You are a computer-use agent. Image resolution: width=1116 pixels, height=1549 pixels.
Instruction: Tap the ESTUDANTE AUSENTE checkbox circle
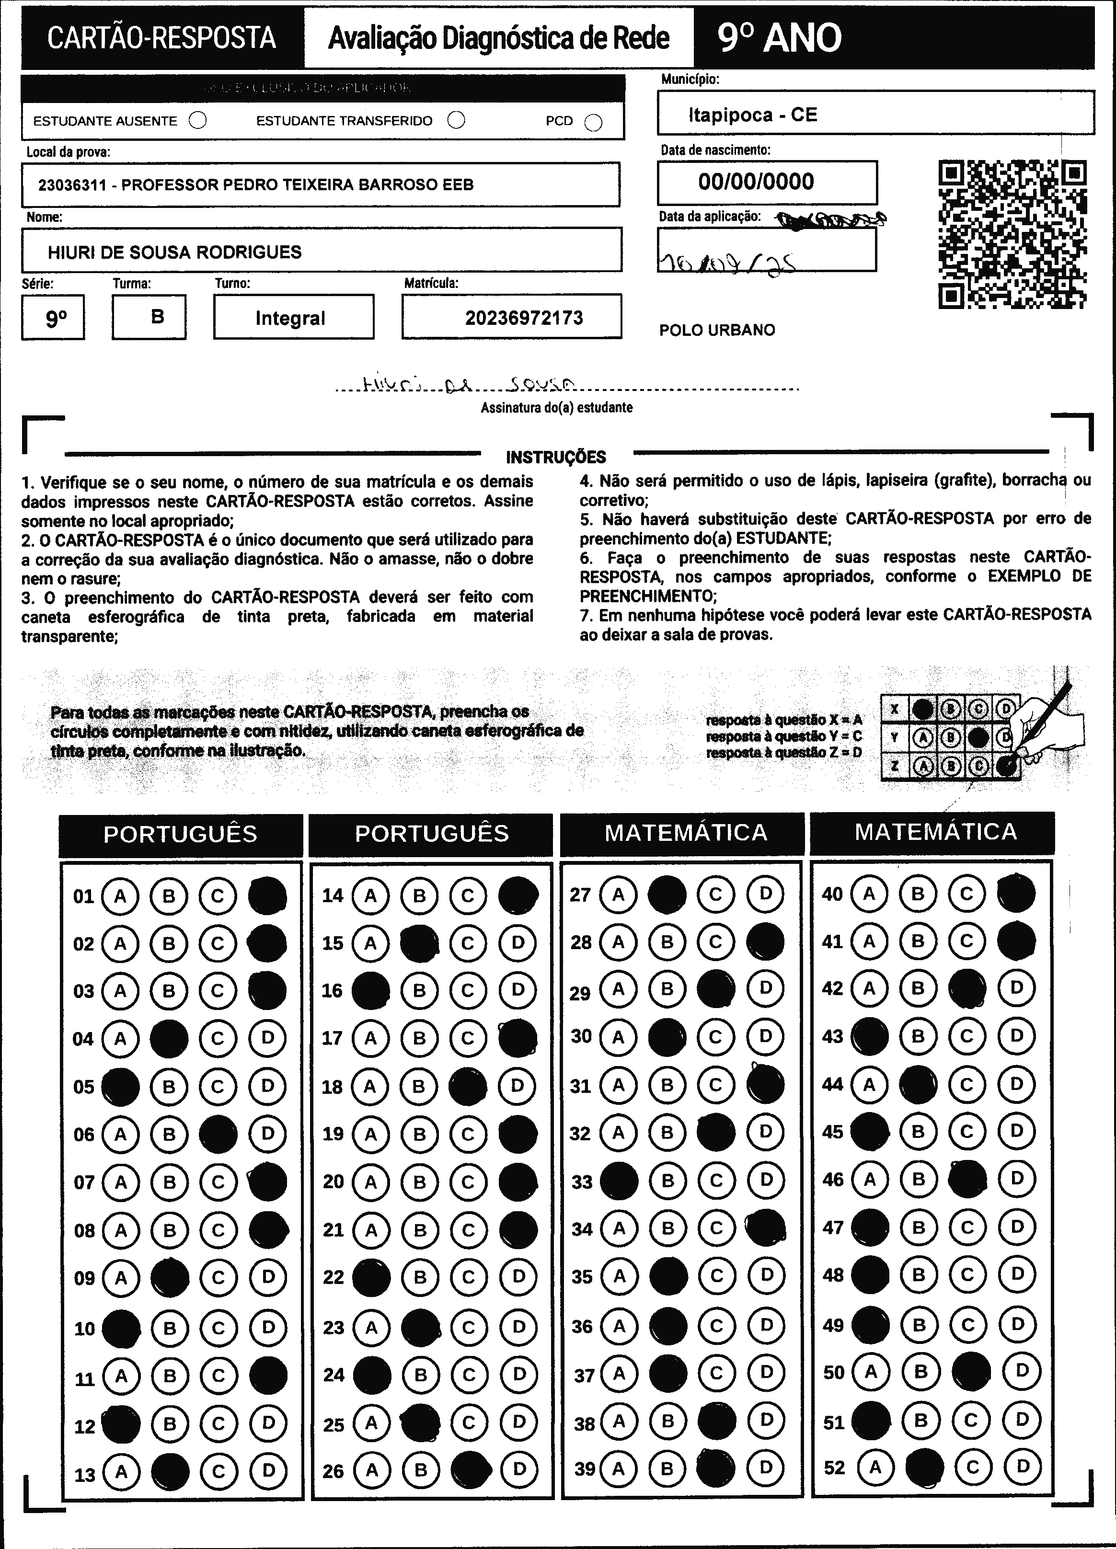point(197,121)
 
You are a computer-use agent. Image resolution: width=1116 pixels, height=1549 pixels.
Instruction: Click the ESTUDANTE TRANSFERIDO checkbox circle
point(456,120)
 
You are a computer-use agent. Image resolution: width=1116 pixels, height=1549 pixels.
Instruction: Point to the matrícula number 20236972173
point(524,318)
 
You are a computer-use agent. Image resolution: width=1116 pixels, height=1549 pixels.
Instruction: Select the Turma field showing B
point(157,317)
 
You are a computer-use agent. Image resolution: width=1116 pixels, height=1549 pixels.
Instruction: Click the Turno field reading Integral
point(290,318)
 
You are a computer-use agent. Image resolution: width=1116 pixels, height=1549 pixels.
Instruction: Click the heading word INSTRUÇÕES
point(555,457)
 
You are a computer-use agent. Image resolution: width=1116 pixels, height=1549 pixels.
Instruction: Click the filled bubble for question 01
point(267,896)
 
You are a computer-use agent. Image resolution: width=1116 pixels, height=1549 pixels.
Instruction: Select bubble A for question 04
point(120,1039)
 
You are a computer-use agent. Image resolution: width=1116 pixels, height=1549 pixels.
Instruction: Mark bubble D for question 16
point(518,990)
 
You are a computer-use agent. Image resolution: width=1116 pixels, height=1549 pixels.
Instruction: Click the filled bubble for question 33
point(618,1181)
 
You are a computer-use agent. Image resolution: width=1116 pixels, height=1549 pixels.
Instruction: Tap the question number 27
point(580,895)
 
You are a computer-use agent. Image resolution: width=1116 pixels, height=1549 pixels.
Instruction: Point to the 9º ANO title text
point(779,38)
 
